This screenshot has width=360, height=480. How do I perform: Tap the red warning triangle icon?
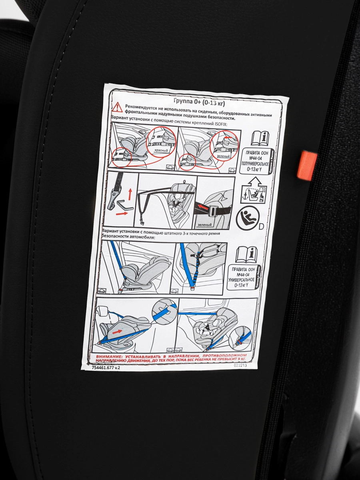(117, 107)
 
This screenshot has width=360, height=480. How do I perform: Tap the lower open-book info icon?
(247, 254)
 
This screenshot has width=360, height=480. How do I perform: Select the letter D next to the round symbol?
(261, 227)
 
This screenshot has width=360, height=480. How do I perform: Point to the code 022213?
(240, 365)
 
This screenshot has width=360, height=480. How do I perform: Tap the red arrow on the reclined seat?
(117, 332)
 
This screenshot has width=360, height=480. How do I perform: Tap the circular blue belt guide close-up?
(164, 310)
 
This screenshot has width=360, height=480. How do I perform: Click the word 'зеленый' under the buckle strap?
(204, 225)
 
